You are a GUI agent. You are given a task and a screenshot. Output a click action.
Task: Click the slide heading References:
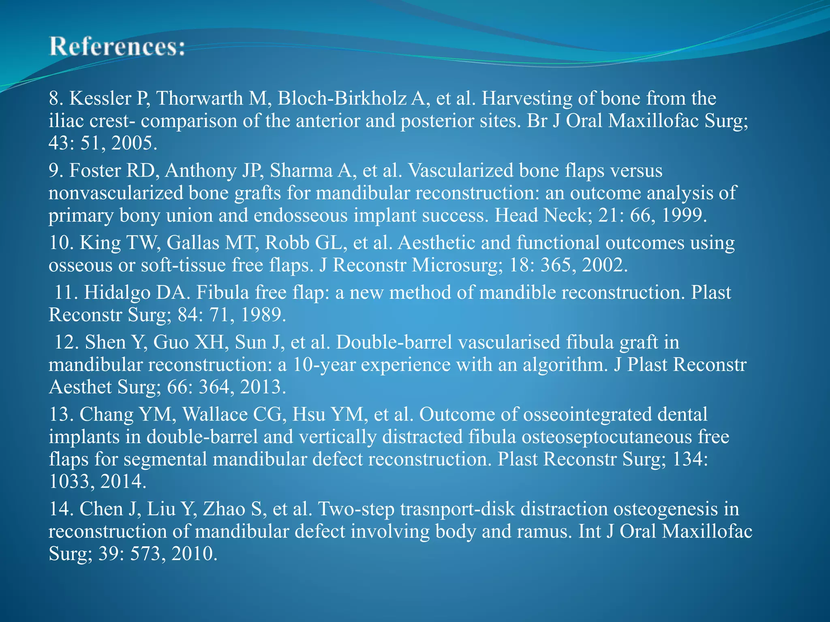tap(117, 47)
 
